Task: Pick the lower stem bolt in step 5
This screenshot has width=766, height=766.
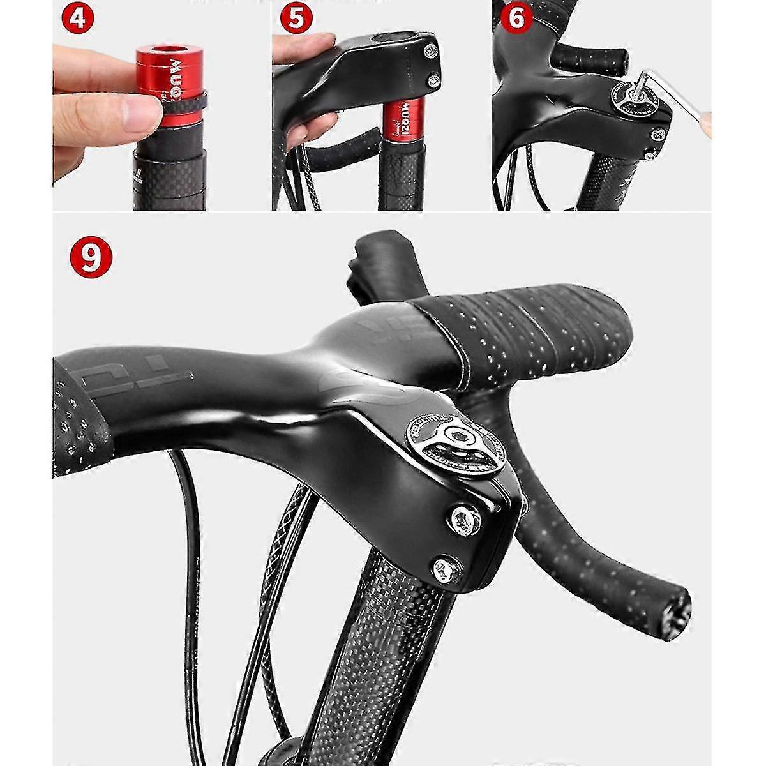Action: pos(434,80)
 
